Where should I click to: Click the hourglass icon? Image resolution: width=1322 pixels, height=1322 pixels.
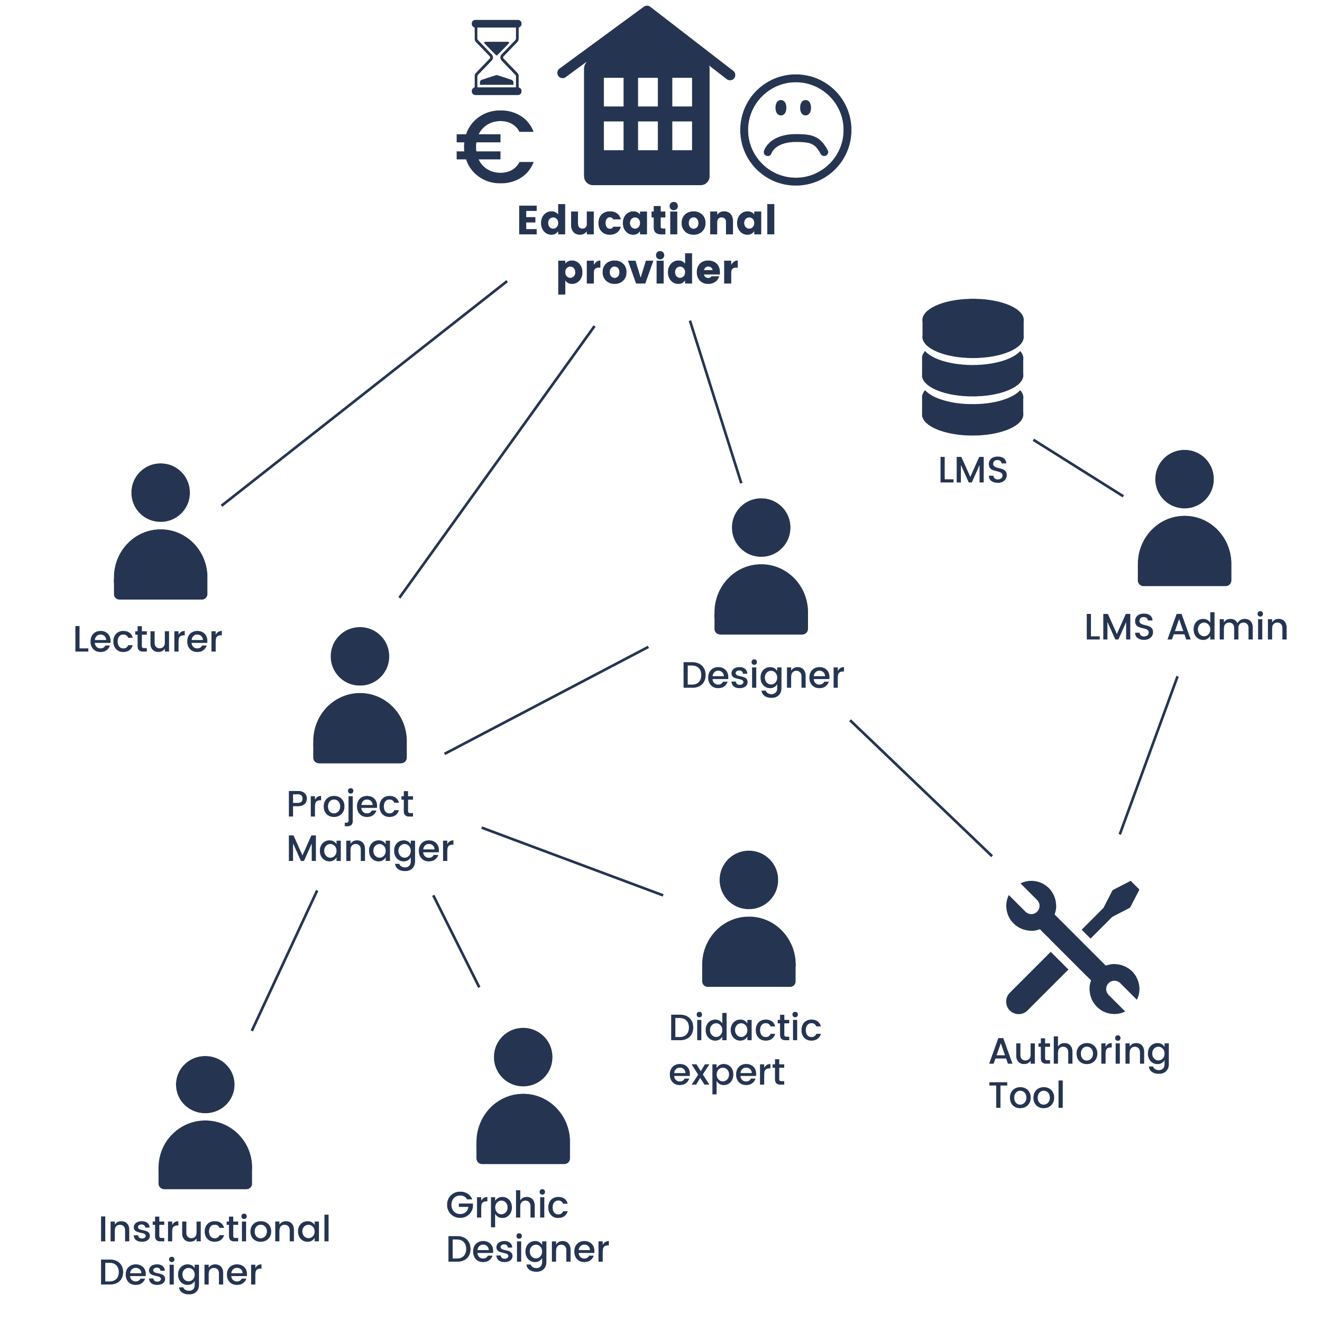click(x=497, y=58)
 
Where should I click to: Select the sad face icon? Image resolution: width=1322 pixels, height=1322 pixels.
click(x=796, y=130)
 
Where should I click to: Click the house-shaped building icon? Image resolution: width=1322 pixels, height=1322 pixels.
click(x=647, y=103)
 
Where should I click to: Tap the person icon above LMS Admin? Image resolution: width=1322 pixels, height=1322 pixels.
click(x=1185, y=518)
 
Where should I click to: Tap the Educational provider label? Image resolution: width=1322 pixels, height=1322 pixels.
click(x=647, y=245)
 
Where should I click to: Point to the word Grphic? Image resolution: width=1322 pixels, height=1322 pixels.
click(x=507, y=1206)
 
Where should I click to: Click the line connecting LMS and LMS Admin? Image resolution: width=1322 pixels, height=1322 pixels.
click(x=1078, y=467)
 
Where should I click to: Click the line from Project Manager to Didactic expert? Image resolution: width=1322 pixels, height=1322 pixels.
click(x=572, y=861)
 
